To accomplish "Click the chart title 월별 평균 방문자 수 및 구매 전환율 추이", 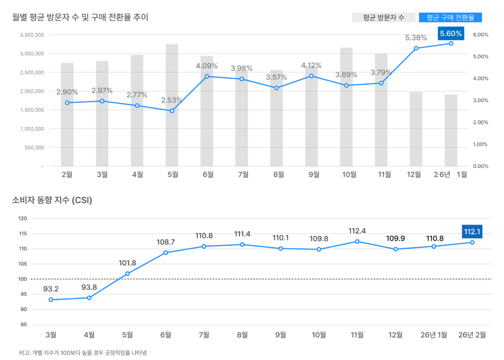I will (x=80, y=17).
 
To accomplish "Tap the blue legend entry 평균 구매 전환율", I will (x=450, y=18).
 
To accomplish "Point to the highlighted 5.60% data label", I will (x=451, y=33).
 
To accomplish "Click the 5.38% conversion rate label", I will (x=416, y=37).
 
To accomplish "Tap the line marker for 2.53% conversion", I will (x=172, y=111).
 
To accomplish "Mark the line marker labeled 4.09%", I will (x=207, y=76).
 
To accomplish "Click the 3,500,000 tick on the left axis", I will (x=32, y=35).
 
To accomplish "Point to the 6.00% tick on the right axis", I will (x=480, y=35).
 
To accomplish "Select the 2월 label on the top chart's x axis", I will (x=67, y=174).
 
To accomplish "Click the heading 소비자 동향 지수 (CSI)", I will (x=52, y=200).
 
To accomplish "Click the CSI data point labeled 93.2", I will (x=51, y=299).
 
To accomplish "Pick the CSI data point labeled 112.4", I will (x=357, y=241).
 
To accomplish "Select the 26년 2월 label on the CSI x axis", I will (x=472, y=335).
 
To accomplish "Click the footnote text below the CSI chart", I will (x=83, y=353).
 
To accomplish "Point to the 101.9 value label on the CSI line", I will (x=127, y=263).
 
